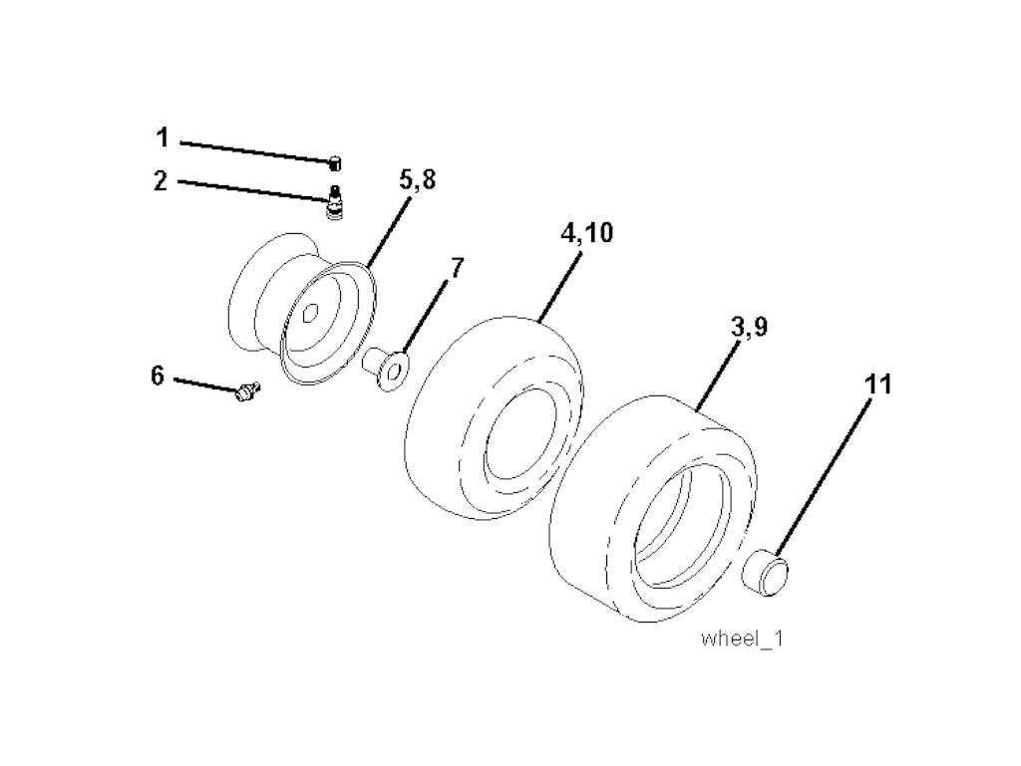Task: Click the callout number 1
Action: (x=163, y=137)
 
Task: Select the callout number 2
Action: (x=161, y=180)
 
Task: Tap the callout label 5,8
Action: (x=418, y=180)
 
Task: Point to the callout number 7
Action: (x=457, y=267)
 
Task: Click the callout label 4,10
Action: (x=587, y=233)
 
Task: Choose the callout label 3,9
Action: (x=750, y=327)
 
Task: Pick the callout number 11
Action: (x=877, y=384)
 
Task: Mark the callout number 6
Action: (x=158, y=376)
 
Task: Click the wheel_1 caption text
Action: (x=742, y=638)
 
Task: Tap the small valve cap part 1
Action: (x=335, y=163)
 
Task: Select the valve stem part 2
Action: (x=336, y=203)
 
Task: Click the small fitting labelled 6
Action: (x=247, y=391)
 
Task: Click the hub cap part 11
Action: (x=767, y=572)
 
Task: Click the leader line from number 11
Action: (x=823, y=478)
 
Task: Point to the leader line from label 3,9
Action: (x=719, y=376)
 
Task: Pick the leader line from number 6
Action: (x=205, y=384)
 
